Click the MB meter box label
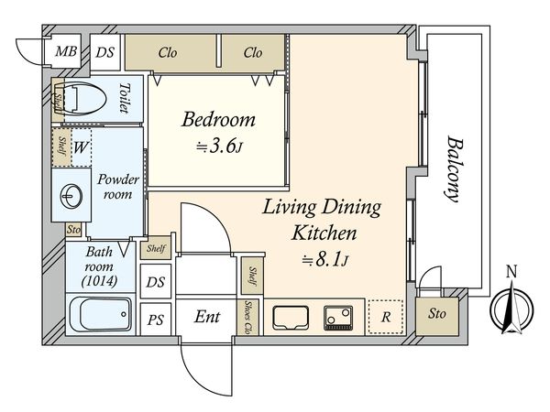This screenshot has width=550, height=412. (x=66, y=52)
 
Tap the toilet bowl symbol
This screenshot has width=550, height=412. (x=85, y=99)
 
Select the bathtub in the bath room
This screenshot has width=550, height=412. (x=100, y=314)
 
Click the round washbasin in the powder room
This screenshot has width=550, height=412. (x=71, y=195)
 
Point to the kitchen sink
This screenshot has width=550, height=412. (x=291, y=318)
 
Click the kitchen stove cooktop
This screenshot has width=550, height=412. (x=338, y=318)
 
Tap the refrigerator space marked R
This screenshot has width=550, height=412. (x=386, y=317)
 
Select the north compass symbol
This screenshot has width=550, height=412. (x=512, y=304)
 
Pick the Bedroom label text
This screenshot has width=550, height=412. (x=218, y=119)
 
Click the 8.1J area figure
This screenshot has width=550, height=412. (x=325, y=260)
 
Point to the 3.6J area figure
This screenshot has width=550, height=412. (x=220, y=146)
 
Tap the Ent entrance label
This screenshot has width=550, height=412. (x=207, y=317)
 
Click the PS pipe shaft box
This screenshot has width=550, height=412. (x=156, y=319)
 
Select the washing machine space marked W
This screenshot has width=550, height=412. (x=82, y=147)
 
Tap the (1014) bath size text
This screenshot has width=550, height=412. (x=99, y=281)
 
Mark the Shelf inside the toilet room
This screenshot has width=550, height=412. (x=58, y=100)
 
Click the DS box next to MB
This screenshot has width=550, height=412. (x=105, y=52)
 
